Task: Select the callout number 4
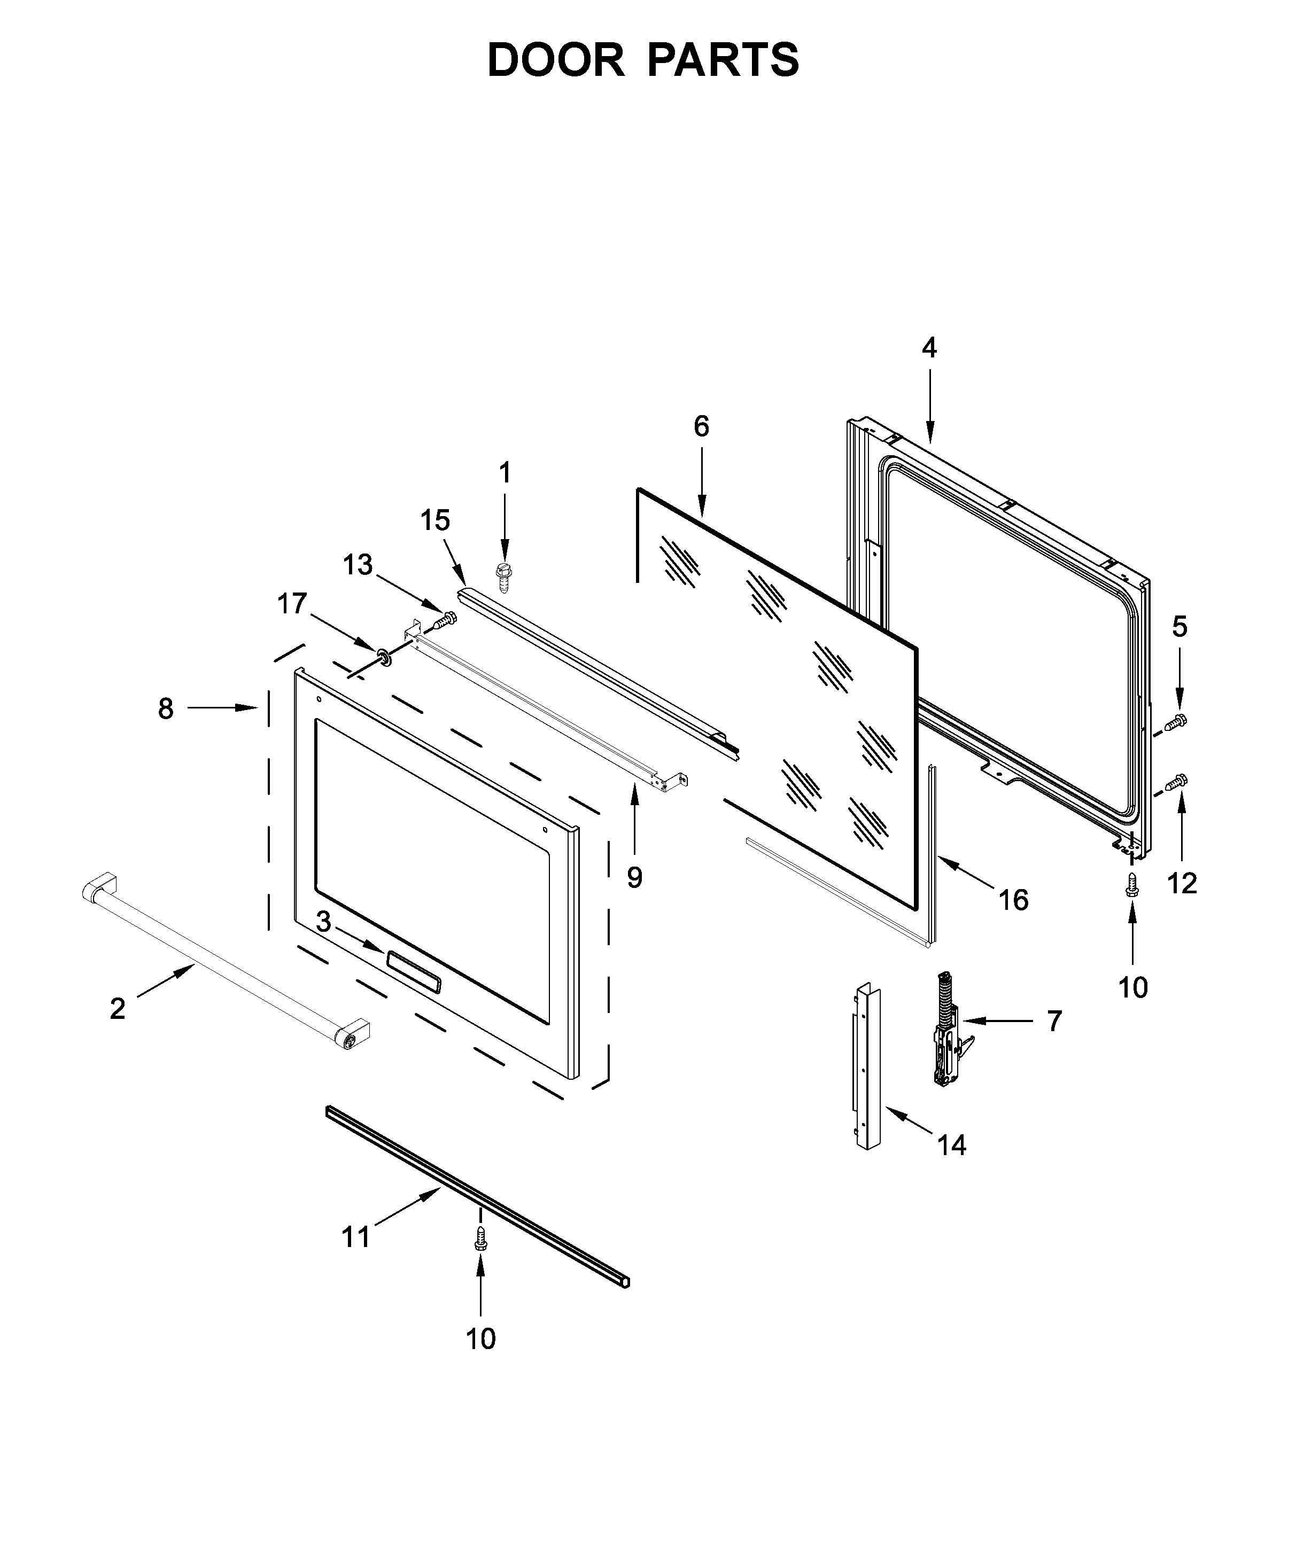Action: tap(929, 347)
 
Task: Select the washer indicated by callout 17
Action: tap(383, 654)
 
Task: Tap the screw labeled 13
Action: tap(443, 621)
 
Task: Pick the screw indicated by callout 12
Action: tap(1178, 783)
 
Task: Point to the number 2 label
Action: tap(118, 1010)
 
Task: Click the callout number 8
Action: tap(166, 708)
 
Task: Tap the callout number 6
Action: tap(701, 426)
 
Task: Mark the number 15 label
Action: tap(434, 520)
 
